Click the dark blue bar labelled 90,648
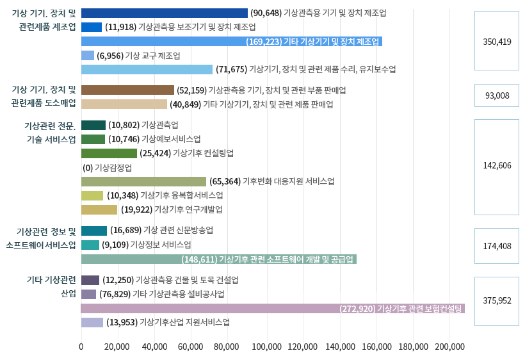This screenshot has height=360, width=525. (x=165, y=13)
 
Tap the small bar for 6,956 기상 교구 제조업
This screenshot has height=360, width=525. (x=88, y=56)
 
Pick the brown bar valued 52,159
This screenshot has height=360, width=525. (x=127, y=90)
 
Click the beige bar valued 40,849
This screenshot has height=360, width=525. (x=124, y=104)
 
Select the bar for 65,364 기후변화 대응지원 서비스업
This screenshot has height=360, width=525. (x=144, y=181)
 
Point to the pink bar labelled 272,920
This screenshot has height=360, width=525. (x=273, y=308)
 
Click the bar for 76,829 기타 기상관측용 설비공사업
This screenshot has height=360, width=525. (x=89, y=294)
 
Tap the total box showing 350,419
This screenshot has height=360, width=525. (x=496, y=41)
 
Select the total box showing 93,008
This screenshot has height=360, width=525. (x=496, y=95)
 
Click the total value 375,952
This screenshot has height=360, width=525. (x=496, y=300)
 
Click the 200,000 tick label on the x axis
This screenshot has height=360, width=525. (x=450, y=347)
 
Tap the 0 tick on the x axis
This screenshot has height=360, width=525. (x=81, y=347)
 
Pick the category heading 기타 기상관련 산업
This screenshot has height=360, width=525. (x=51, y=286)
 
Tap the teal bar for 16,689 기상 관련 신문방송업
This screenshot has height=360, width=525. (x=94, y=231)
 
